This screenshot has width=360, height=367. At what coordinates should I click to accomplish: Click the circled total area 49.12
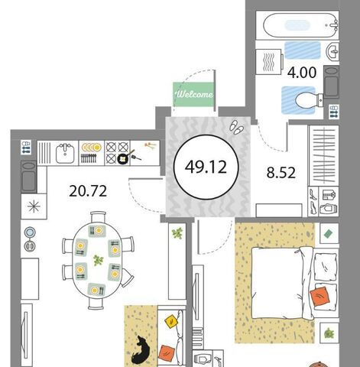tap(206, 167)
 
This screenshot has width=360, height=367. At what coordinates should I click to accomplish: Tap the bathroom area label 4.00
tap(302, 73)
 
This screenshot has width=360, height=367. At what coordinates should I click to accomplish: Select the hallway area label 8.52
tap(281, 173)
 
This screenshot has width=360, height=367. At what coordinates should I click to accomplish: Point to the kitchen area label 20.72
tap(88, 191)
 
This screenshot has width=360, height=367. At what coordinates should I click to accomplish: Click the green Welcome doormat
tap(193, 94)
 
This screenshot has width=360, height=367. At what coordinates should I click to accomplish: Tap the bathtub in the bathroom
tap(300, 25)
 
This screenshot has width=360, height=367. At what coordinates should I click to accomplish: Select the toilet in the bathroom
tap(309, 100)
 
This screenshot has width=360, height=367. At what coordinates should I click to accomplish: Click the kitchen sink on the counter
tap(65, 153)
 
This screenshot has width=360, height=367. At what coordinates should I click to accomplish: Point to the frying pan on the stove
tap(126, 158)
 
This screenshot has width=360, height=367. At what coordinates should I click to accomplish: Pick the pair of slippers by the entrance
tap(236, 127)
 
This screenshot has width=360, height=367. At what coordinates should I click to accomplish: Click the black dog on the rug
tap(140, 350)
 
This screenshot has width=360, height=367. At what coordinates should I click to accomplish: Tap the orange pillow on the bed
tap(319, 296)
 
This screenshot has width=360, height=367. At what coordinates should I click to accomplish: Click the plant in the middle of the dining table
tap(99, 261)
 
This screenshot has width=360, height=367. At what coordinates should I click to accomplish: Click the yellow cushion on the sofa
tap(171, 321)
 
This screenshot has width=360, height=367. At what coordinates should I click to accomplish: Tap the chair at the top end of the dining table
tap(98, 216)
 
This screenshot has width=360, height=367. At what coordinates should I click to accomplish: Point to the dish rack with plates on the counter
tap(92, 153)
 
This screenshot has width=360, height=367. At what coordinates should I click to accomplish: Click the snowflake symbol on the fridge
tap(34, 206)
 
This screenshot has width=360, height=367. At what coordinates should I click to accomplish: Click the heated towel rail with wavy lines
tap(270, 62)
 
